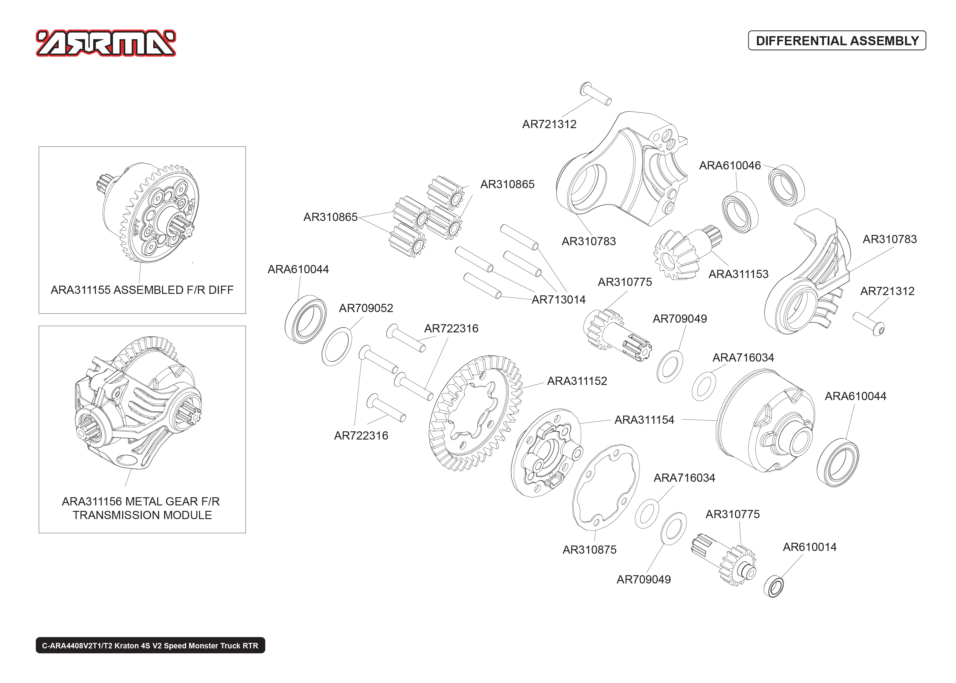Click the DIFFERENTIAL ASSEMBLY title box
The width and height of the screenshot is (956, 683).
point(837,41)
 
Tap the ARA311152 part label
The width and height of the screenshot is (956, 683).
point(577,381)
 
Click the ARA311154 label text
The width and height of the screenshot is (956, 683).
point(644,420)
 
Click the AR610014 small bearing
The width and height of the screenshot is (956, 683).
point(774,587)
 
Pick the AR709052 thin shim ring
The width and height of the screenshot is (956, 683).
point(337,347)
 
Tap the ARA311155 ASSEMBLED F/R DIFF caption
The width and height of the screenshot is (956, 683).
point(142,290)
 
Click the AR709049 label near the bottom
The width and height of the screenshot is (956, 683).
point(643,579)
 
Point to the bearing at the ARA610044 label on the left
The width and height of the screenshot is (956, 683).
point(305,320)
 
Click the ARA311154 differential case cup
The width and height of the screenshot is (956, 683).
point(765,420)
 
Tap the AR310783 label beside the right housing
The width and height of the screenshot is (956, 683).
point(890,239)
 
